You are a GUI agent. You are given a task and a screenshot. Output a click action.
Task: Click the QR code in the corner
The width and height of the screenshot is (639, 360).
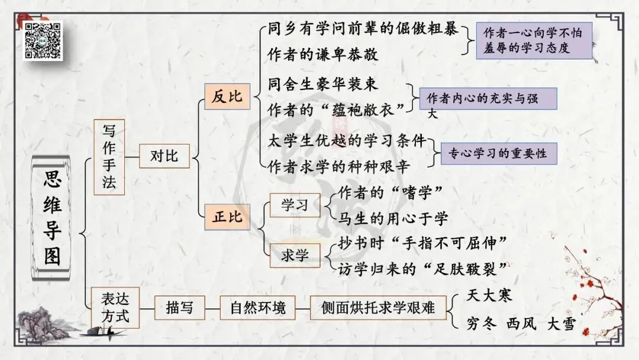click(43, 40)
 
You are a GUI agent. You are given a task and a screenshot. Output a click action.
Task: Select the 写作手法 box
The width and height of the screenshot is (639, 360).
click(109, 156)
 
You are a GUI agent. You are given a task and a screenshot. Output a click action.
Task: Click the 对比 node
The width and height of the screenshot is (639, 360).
click(164, 156)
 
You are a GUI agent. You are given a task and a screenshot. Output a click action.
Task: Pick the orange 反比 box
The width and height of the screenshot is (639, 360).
click(227, 97)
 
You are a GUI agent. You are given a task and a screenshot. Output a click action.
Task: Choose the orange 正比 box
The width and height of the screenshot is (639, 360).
click(227, 217)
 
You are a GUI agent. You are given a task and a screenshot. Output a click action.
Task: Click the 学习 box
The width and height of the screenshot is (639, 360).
click(294, 205)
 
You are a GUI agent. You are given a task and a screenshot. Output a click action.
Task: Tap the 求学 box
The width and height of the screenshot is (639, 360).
click(294, 256)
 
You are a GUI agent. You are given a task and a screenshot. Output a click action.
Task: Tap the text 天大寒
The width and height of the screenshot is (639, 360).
click(489, 295)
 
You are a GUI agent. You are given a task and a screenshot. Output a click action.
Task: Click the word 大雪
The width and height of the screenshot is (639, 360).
click(560, 324)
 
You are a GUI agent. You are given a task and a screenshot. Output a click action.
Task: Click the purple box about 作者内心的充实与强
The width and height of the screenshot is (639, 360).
click(488, 99)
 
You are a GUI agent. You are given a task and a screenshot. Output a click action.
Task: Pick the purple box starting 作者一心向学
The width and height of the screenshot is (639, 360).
click(534, 40)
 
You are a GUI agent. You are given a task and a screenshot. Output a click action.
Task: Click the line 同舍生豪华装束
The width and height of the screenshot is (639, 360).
click(322, 83)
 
